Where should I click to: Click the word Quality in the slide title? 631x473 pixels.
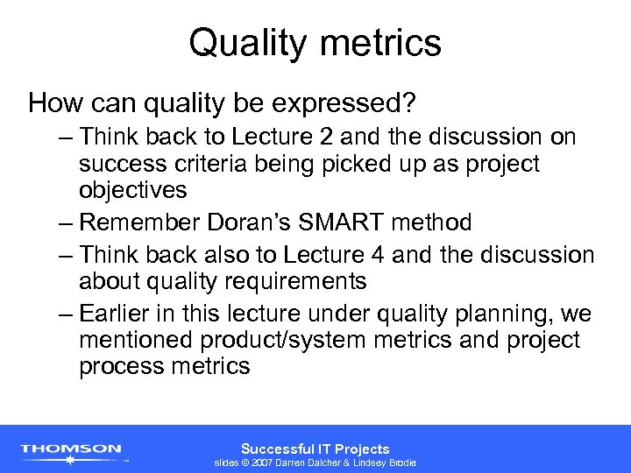tap(243, 43)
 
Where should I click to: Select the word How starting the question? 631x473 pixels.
tap(48, 104)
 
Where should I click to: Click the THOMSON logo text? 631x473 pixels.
tap(71, 449)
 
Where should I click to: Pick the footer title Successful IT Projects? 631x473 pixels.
tap(315, 448)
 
